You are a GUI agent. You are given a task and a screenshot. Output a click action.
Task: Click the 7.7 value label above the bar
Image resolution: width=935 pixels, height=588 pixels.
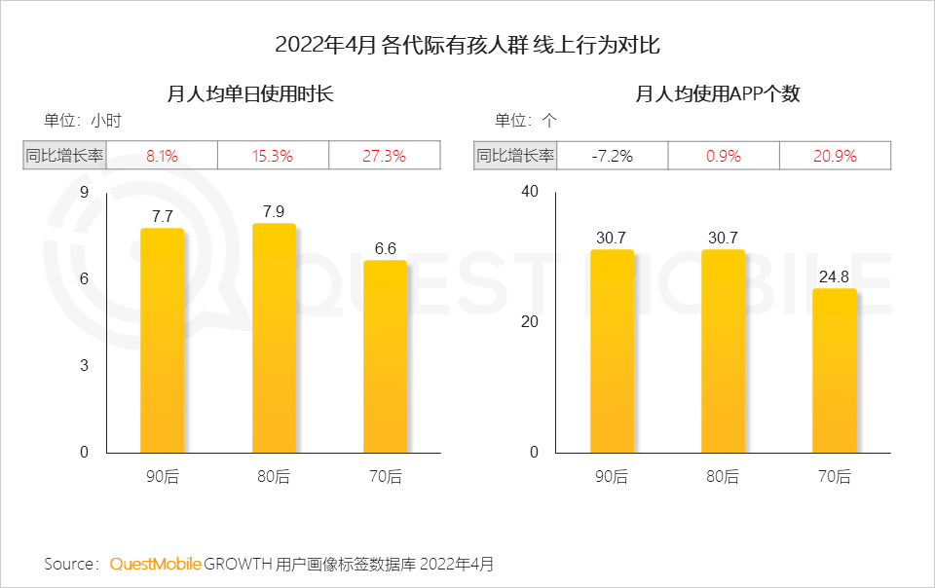(x=162, y=215)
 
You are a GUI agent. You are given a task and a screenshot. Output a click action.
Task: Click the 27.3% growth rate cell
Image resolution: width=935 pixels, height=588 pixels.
(x=385, y=156)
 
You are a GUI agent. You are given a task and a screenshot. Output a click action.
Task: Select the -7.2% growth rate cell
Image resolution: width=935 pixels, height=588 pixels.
(x=613, y=156)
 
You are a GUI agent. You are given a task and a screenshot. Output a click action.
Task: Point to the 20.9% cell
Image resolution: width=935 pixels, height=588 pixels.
(x=835, y=156)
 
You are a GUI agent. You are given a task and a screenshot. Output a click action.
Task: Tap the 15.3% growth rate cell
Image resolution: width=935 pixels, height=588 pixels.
(x=274, y=156)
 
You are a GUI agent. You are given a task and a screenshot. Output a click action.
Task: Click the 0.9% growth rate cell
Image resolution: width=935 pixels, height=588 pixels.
(x=724, y=156)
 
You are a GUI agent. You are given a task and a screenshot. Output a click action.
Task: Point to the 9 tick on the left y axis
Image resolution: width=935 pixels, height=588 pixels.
(x=84, y=192)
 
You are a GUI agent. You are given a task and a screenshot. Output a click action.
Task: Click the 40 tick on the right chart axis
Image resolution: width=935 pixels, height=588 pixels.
(x=530, y=192)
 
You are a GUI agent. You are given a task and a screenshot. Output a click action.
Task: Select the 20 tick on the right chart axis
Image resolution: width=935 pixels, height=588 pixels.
(x=530, y=322)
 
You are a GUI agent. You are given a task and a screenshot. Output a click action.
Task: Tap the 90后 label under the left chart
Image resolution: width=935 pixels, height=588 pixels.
(x=162, y=477)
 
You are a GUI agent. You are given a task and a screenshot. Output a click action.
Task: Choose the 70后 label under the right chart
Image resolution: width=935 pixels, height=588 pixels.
(x=835, y=477)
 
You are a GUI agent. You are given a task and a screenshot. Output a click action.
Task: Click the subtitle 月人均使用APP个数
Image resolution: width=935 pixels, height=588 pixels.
(x=718, y=94)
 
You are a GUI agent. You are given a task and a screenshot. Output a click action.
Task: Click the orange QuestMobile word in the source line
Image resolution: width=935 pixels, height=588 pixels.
(x=156, y=564)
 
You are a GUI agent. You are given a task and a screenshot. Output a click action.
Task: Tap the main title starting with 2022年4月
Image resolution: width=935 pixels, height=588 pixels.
(x=467, y=45)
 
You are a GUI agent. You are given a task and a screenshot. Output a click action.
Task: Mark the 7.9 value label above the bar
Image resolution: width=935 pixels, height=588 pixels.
(x=274, y=210)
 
